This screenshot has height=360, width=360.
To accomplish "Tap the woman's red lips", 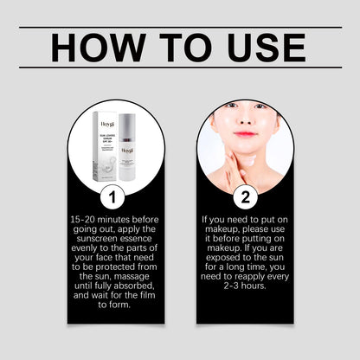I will tap(245, 134).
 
